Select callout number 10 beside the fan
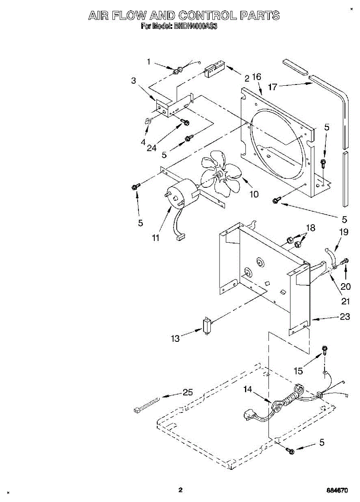click(x=253, y=194)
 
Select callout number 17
click(x=273, y=87)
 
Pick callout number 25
click(x=188, y=392)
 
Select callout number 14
click(x=248, y=389)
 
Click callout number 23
click(x=345, y=317)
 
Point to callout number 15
click(x=299, y=370)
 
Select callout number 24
click(x=151, y=148)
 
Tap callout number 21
click(x=345, y=301)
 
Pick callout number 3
click(x=134, y=81)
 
